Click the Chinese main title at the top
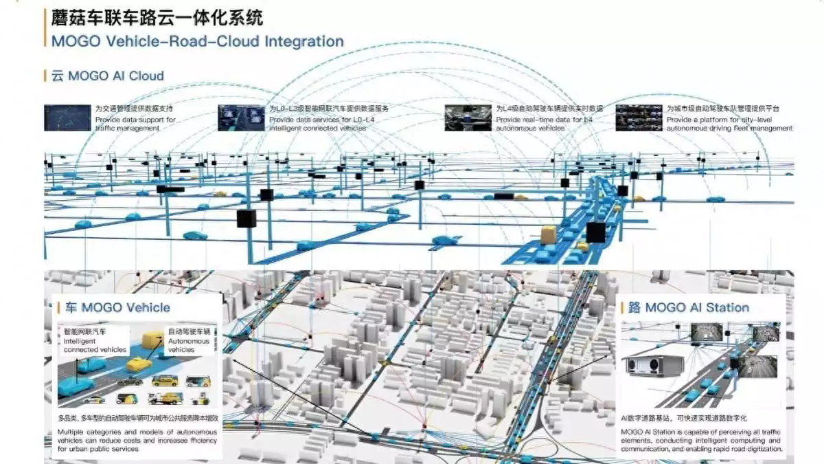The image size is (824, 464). point(157,16)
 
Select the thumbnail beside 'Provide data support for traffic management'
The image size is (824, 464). point(67,118)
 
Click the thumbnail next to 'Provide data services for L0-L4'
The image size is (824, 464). point(241,118)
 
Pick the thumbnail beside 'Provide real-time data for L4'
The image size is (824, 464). point(468,118)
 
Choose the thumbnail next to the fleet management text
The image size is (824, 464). point(639,118)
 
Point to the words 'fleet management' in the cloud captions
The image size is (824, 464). point(759,129)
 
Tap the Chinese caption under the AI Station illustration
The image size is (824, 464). point(683,418)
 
